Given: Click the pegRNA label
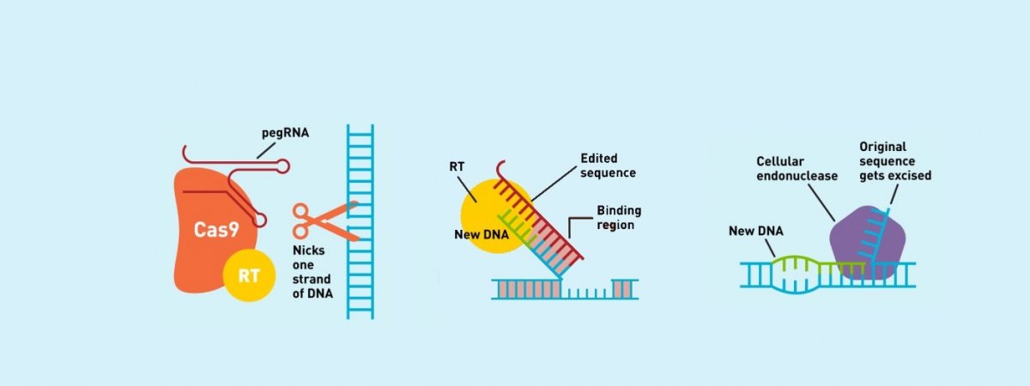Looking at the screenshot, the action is pos(285,133).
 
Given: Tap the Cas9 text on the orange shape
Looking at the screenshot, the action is pos(216,229).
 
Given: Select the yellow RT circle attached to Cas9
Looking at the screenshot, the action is pos(249,275).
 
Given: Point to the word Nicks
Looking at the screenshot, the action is pos(308,250).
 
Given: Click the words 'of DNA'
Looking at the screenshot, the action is pos(312,293).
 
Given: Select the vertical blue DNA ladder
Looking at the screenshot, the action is pos(360,221).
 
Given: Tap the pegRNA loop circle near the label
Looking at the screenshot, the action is pos(282,166).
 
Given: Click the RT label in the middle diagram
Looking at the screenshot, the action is pos(457,166).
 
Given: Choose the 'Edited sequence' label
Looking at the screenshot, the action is pos(608,166).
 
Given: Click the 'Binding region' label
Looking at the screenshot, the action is pos(619,218).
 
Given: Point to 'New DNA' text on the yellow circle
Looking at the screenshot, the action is pos(482,235).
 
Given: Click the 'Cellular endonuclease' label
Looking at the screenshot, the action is pos(797,169).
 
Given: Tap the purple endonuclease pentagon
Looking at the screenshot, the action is pos(868,243).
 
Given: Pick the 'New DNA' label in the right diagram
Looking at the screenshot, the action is pos(756,231).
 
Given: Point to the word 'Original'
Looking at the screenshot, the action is pos(883,147).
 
